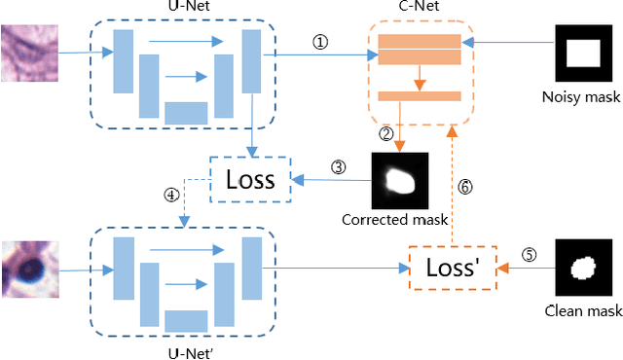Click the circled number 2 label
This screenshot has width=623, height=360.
(x=385, y=132)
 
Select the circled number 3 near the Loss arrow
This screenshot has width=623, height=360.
(x=338, y=166)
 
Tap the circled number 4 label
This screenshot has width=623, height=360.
(x=170, y=194)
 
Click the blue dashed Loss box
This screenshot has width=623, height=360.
(x=250, y=179)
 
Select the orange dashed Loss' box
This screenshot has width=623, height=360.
(x=450, y=266)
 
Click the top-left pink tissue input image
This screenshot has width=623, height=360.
(x=29, y=53)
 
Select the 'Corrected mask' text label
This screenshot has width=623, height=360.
(x=394, y=220)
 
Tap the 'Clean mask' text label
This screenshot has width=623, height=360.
(x=584, y=311)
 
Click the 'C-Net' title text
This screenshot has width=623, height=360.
(x=418, y=9)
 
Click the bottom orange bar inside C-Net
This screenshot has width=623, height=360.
(x=419, y=95)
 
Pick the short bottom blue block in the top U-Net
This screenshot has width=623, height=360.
(x=185, y=112)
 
